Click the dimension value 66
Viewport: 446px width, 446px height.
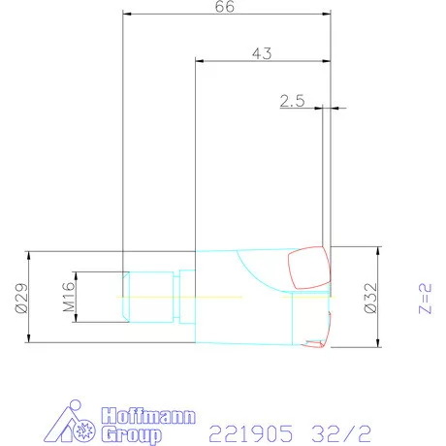click(224, 7)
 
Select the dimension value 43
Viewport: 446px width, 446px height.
click(260, 52)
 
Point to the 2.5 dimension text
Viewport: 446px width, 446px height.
click(292, 100)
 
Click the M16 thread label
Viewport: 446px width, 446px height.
click(69, 296)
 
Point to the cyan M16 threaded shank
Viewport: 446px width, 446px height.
click(150, 296)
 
